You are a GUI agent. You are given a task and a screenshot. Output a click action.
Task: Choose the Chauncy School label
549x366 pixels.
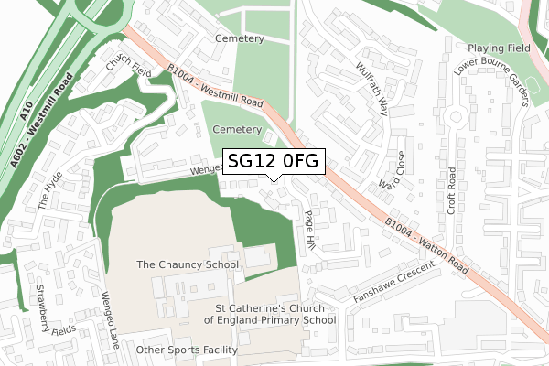tap(187, 264)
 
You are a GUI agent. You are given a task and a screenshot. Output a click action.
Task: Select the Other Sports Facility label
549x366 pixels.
tap(186, 350)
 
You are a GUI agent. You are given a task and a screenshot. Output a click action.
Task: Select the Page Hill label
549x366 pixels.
tap(308, 229)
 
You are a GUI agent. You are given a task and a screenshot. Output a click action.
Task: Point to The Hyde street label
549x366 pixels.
tap(50, 189)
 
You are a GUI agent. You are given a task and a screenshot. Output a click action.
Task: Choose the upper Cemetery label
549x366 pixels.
tap(239, 38)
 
